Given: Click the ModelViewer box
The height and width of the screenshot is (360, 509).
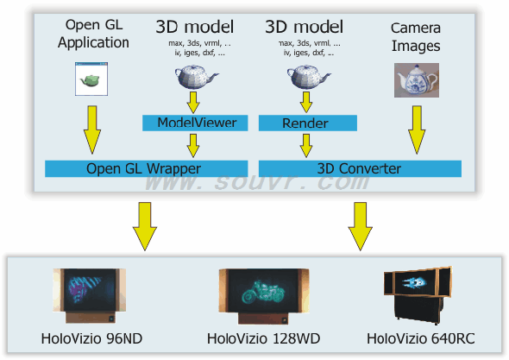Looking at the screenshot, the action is [x=195, y=123].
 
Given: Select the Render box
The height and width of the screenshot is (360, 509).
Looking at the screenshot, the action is [x=308, y=123].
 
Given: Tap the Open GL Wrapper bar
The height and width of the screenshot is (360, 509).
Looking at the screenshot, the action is [x=147, y=168].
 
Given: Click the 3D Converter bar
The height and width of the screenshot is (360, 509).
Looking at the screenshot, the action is [x=360, y=168].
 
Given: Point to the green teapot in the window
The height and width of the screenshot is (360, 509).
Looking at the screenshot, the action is [x=90, y=80].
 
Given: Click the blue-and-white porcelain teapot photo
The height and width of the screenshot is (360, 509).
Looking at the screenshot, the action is [x=417, y=80].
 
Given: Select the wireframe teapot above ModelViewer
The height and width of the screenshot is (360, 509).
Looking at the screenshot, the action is [x=196, y=77].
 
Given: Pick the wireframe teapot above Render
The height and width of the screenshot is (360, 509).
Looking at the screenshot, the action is [x=308, y=77].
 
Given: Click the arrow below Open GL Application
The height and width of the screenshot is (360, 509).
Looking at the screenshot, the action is [x=92, y=129].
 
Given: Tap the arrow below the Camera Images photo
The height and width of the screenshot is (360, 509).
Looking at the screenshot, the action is [x=417, y=129].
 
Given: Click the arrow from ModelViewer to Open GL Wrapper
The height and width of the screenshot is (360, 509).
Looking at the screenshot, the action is [x=193, y=146].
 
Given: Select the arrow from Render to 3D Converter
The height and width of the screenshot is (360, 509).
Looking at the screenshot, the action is [x=306, y=146].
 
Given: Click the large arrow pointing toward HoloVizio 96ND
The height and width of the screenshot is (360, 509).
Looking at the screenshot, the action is [x=145, y=226].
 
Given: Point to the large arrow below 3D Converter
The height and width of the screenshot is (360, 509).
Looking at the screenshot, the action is [x=360, y=226].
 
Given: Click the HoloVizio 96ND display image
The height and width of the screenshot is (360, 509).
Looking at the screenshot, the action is [x=90, y=295].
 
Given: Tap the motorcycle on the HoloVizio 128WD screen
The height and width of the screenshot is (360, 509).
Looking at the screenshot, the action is [x=263, y=292].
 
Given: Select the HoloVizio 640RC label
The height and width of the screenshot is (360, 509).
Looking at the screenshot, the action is [x=421, y=338].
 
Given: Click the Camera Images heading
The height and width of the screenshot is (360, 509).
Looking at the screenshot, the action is [x=416, y=37].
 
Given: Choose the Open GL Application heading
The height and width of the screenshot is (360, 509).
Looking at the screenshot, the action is [x=93, y=34].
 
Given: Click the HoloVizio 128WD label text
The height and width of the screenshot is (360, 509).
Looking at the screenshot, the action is [x=264, y=338].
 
